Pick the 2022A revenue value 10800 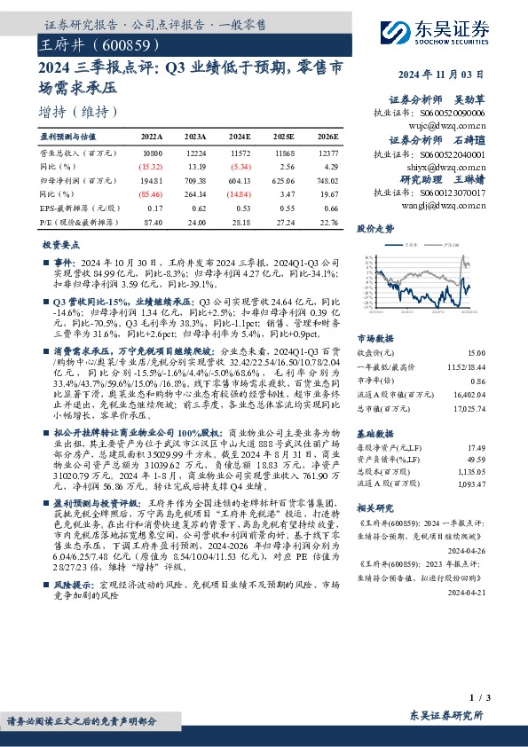point(153,154)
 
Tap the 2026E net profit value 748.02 point(328,179)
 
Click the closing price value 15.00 point(477,354)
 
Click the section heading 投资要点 point(59,244)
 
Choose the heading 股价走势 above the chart point(374,229)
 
